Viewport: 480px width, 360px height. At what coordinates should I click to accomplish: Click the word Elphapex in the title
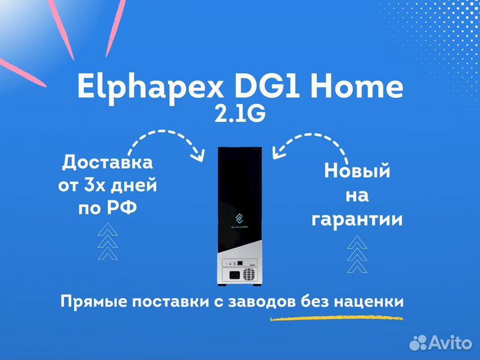point(150,87)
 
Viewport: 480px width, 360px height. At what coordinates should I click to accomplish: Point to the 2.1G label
point(240,114)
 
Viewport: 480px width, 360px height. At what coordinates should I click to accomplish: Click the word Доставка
point(107,163)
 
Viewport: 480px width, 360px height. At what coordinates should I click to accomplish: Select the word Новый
point(357,171)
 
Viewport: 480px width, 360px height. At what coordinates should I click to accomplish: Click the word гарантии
point(357,220)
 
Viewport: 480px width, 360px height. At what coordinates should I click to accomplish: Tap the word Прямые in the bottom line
point(94,302)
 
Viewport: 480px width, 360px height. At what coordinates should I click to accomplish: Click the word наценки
point(369,302)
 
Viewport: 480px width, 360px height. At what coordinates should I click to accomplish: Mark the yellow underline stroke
point(337,319)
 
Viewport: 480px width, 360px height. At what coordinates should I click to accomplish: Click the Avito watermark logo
point(441,343)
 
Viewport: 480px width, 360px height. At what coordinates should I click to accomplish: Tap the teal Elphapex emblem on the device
point(239,219)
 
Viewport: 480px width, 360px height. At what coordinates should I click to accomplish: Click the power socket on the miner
point(235,275)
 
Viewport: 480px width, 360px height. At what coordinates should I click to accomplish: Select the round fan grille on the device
point(249,274)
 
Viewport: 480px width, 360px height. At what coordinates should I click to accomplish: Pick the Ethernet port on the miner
point(240,263)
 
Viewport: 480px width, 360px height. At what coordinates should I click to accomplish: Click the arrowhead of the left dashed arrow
point(199,155)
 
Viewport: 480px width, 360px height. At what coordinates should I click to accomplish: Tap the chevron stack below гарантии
point(357,254)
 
